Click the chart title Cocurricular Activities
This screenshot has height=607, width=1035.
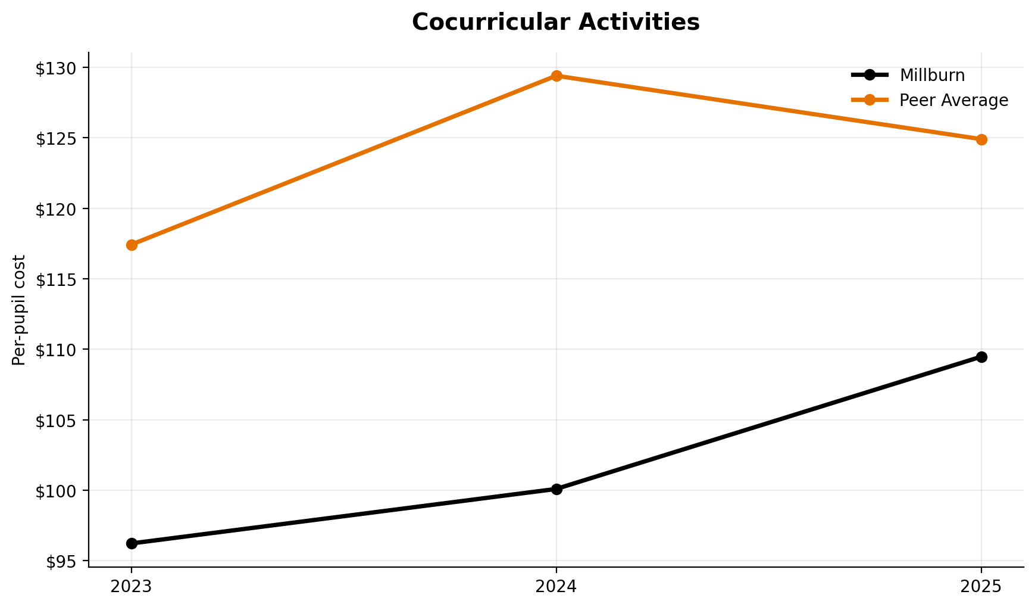coord(555,23)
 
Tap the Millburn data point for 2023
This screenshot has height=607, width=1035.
coord(132,543)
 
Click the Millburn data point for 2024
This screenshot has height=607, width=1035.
coord(556,489)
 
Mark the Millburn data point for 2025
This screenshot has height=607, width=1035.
coord(981,357)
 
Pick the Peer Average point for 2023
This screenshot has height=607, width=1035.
coord(132,245)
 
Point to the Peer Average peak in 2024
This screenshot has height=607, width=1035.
coord(556,76)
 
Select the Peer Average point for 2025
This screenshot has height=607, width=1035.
coord(981,139)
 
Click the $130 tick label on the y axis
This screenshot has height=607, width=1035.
coord(56,68)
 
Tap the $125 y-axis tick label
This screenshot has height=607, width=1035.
coord(56,138)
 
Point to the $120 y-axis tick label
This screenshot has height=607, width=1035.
coord(56,208)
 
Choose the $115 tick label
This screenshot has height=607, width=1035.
coord(56,279)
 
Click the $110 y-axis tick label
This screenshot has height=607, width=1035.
coord(56,350)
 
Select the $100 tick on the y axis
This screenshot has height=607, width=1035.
coord(56,490)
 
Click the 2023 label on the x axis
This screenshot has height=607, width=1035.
coord(132,587)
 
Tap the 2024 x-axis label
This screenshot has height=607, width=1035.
coord(556,587)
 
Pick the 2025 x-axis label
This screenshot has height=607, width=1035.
coord(981,587)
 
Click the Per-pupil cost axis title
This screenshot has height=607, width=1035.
coord(20,310)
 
